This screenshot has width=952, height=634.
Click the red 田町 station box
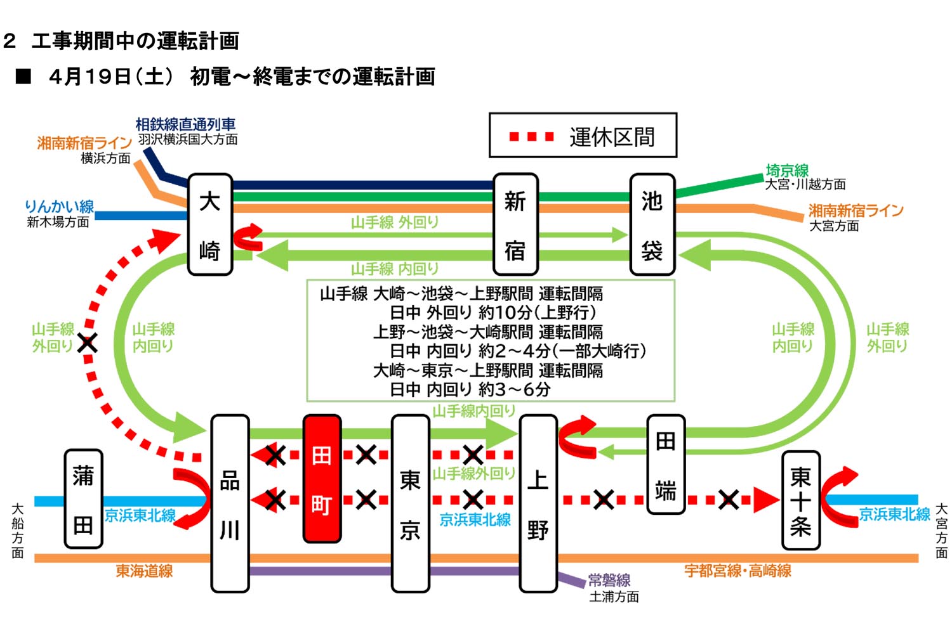(322, 479)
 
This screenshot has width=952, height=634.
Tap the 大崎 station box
(210, 224)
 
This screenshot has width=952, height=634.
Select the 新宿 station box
(515, 224)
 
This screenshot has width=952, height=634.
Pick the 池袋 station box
(652, 224)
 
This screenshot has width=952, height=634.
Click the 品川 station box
(229, 504)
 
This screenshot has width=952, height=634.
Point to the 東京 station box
(410, 504)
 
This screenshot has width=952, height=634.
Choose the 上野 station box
(538, 504)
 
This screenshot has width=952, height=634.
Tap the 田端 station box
(665, 464)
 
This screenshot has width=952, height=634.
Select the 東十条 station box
(800, 500)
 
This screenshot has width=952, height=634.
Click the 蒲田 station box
(83, 499)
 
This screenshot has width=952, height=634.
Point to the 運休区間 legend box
(583, 136)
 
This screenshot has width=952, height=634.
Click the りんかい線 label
(59, 207)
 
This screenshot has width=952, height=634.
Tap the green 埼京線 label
(787, 171)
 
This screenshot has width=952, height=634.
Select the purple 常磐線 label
(609, 580)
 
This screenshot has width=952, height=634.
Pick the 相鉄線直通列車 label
(185, 125)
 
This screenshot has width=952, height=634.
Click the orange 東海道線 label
(144, 571)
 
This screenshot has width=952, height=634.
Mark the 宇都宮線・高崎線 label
(737, 571)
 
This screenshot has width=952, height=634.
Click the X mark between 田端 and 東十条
(729, 500)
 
